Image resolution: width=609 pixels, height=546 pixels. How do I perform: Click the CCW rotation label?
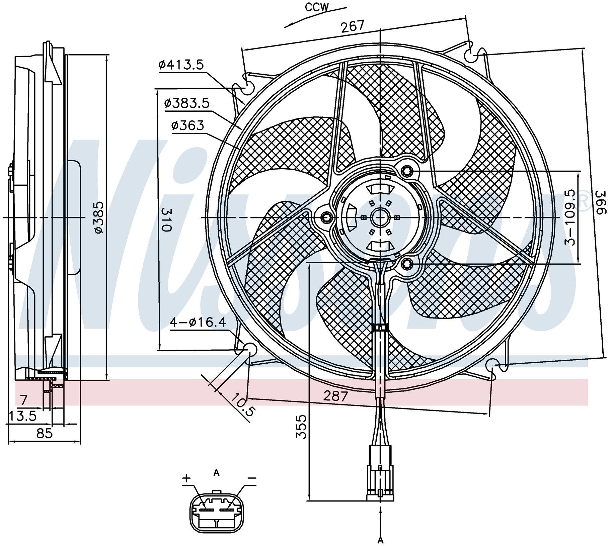pos(317,7)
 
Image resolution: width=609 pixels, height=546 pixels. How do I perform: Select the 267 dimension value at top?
pos(352,26)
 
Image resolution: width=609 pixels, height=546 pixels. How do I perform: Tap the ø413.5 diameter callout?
pos(181,64)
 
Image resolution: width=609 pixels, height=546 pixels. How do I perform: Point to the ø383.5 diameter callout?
pos(187,103)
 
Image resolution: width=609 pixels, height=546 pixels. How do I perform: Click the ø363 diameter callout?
pos(187,125)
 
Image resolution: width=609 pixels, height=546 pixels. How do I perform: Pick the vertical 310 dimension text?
pos(166,219)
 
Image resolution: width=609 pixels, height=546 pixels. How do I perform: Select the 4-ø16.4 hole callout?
pos(198,323)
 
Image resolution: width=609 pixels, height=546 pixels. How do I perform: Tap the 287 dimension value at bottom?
pos(335,396)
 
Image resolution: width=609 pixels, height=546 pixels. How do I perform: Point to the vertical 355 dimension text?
pos(301,427)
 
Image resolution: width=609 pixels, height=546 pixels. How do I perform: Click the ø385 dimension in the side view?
pos(99,217)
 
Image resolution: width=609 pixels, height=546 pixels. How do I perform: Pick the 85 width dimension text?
pos(45,434)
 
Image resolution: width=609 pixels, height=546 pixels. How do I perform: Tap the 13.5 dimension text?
pos(23,416)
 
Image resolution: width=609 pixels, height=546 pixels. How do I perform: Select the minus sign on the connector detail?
pos(251,478)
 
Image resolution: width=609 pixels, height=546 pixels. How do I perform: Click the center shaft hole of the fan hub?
pos(380,218)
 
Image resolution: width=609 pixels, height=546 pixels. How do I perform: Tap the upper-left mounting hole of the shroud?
pos(248,88)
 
